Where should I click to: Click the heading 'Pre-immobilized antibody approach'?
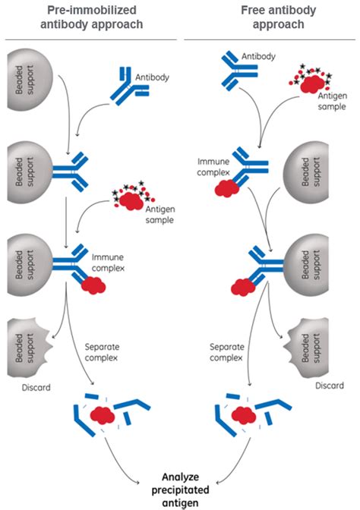(x=91, y=17)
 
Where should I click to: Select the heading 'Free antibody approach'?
(x=278, y=17)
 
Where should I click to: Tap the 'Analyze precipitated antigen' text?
(x=180, y=490)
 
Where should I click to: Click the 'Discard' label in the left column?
(x=36, y=387)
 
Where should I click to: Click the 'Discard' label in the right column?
(x=330, y=386)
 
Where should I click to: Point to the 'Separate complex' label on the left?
(x=102, y=352)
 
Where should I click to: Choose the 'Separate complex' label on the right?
(x=227, y=352)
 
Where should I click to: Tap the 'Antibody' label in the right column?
(x=258, y=56)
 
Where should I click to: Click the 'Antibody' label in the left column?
(x=153, y=77)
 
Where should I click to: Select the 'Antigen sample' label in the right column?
(x=333, y=101)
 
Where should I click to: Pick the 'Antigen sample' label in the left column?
(x=159, y=214)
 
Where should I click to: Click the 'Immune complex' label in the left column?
(x=108, y=263)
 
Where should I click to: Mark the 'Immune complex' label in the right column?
(x=213, y=167)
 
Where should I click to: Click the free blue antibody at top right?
(x=238, y=71)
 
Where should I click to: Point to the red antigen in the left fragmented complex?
(x=103, y=414)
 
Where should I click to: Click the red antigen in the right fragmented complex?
(x=244, y=415)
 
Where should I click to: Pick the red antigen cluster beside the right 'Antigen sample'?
(x=311, y=81)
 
